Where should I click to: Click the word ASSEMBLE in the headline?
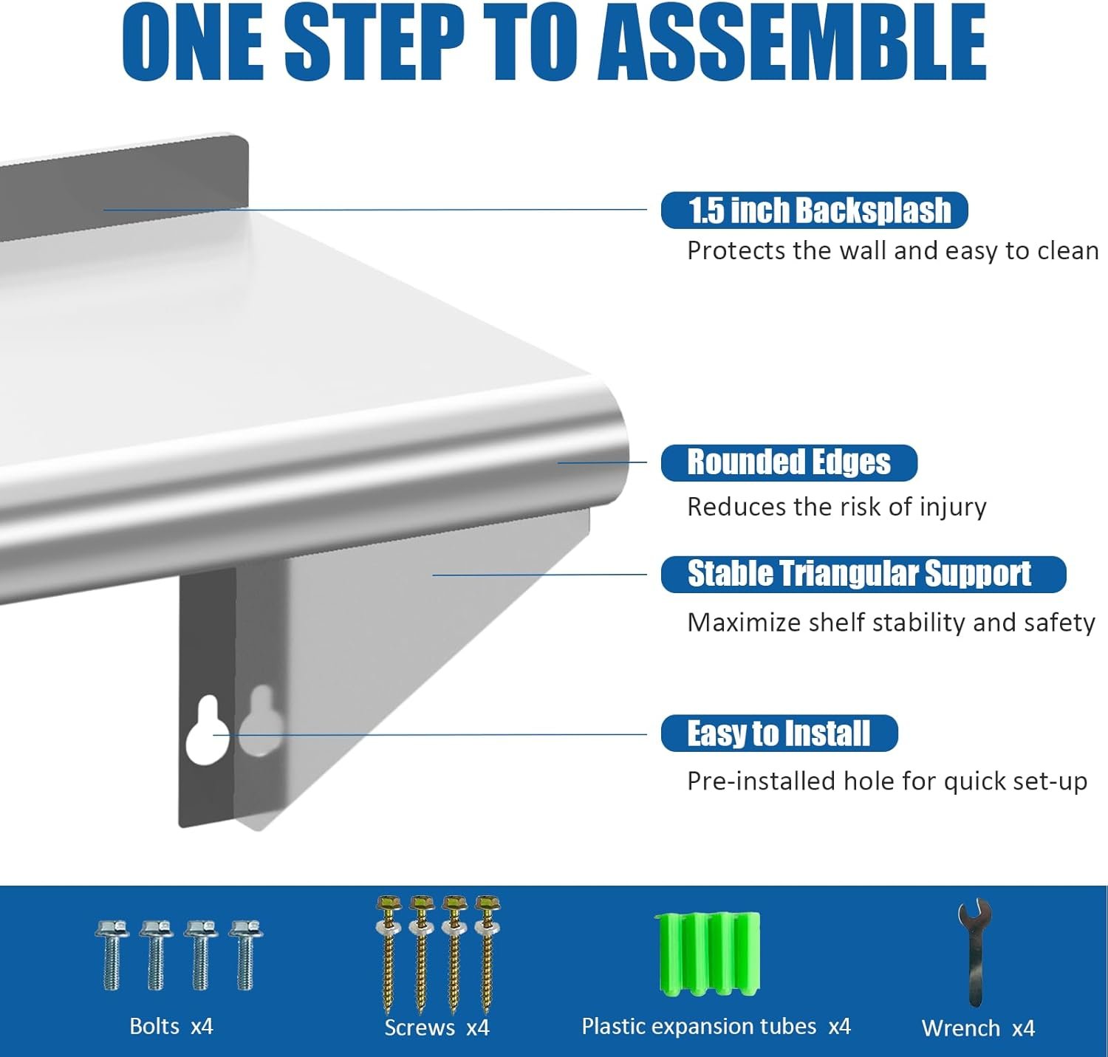click(x=793, y=43)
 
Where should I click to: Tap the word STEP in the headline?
click(x=375, y=43)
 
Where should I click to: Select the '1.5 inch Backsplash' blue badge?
click(x=814, y=211)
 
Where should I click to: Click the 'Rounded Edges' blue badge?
click(x=789, y=463)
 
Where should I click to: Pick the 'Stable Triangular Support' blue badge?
click(x=864, y=574)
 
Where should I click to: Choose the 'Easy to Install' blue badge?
click(x=779, y=733)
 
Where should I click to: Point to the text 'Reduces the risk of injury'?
click(x=837, y=507)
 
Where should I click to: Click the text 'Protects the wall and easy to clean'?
click(x=893, y=251)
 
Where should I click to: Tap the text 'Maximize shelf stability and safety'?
click(x=891, y=623)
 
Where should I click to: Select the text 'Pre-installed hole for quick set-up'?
click(x=887, y=781)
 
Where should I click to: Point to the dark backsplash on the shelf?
click(x=124, y=186)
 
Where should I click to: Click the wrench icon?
click(x=974, y=954)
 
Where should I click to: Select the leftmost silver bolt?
click(x=112, y=955)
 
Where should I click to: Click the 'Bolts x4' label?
click(x=171, y=1026)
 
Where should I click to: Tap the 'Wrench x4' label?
click(x=979, y=1028)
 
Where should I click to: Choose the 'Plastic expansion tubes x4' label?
click(x=716, y=1027)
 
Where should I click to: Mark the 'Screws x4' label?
click(x=437, y=1027)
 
